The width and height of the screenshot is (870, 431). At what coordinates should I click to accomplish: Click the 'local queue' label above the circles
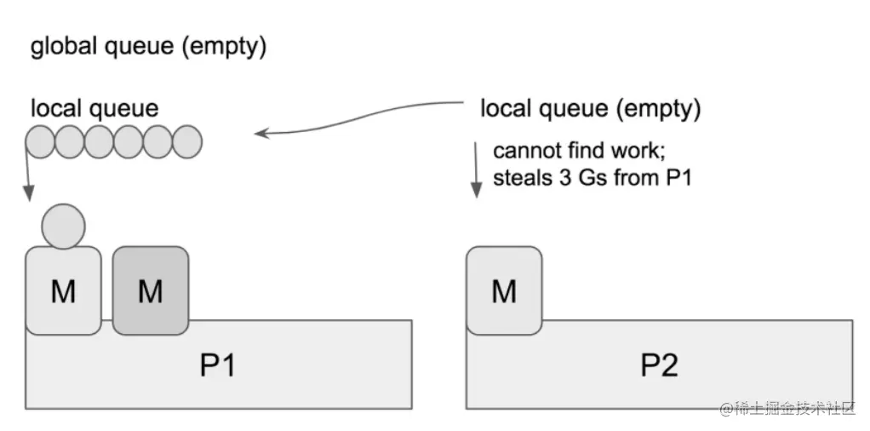click(94, 108)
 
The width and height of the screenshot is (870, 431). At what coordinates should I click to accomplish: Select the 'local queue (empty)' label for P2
click(590, 109)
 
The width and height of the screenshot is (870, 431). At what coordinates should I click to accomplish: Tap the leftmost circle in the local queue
click(41, 141)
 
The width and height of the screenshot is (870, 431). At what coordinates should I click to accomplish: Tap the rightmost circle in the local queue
click(186, 141)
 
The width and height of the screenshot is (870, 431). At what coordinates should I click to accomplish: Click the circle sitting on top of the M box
click(63, 226)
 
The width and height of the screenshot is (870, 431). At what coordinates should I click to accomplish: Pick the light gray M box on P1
click(63, 291)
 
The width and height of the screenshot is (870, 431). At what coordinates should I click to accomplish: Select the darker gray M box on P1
click(150, 290)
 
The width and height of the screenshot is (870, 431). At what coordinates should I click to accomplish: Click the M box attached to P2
click(504, 290)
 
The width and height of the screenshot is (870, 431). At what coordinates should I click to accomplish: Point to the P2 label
click(659, 365)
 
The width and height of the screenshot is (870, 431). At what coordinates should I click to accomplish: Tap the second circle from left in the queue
click(70, 141)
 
